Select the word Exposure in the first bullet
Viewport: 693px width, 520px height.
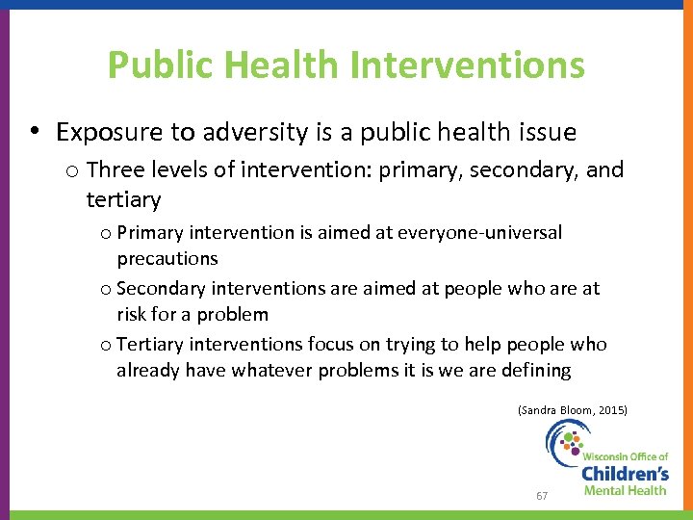click(x=101, y=132)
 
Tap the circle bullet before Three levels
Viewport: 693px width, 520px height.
click(x=72, y=171)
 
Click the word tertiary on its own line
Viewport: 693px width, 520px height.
click(x=123, y=199)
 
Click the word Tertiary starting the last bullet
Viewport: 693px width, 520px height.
click(x=151, y=345)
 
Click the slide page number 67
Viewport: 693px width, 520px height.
click(x=542, y=496)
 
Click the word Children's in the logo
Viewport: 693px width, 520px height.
click(x=625, y=473)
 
